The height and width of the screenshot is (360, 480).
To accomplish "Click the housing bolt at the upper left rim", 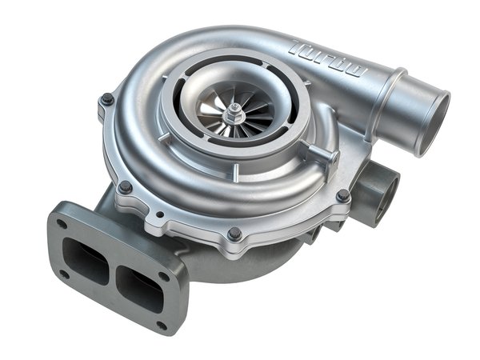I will coord(106,99).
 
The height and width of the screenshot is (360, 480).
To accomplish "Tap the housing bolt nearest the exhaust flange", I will coord(125,186).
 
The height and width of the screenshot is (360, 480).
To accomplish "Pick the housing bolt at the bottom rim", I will coord(234,233).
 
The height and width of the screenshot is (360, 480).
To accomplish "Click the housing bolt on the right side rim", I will coord(342,195).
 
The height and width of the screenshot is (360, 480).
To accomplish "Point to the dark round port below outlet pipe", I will coord(383,188).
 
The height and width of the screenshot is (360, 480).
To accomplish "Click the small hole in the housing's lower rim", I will coord(162,215).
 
